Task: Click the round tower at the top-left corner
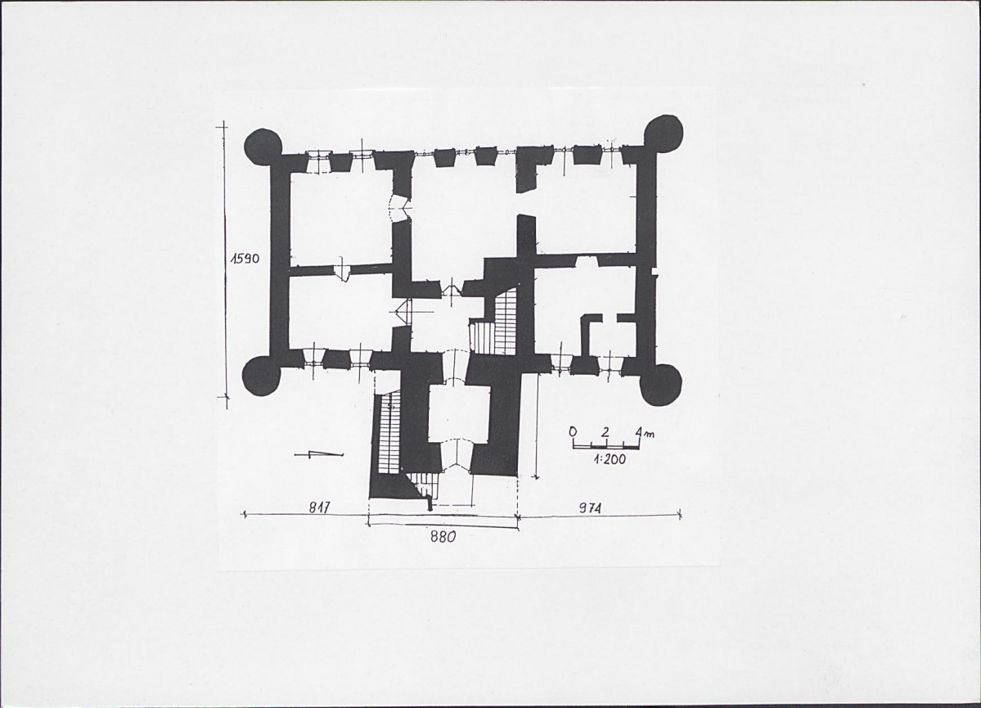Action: coord(263,147)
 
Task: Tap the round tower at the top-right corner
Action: coord(664,134)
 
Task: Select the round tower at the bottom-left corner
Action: coord(261,377)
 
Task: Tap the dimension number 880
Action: coord(443,536)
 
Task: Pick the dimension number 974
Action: coord(589,507)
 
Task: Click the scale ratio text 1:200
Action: coord(609,459)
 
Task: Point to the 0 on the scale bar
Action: coord(573,431)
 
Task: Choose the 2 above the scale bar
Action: coord(605,431)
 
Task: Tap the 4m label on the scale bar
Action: coord(643,432)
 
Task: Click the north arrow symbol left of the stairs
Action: coord(318,454)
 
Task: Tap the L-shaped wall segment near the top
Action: coord(530,169)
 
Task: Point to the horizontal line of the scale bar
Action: coord(605,446)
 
